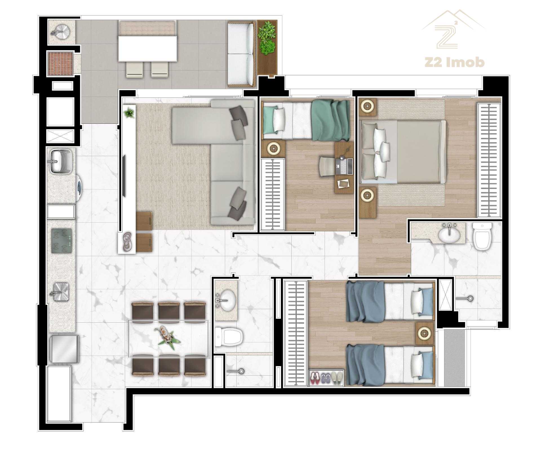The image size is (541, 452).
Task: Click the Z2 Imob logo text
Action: pyautogui.click(x=454, y=62)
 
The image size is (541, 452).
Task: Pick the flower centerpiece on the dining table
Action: pyautogui.click(x=168, y=336)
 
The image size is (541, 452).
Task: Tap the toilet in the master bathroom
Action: pyautogui.click(x=482, y=236)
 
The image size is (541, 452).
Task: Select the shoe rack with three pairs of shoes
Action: pyautogui.click(x=327, y=378)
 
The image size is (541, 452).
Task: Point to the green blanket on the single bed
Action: pyautogui.click(x=331, y=120)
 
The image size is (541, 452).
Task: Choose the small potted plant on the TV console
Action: pyautogui.click(x=129, y=113)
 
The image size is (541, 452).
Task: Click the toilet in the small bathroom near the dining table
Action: pyautogui.click(x=228, y=337)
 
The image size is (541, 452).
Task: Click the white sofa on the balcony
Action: pyautogui.click(x=242, y=54)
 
